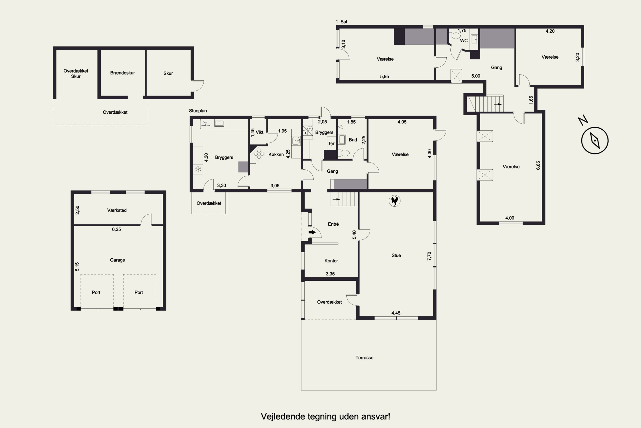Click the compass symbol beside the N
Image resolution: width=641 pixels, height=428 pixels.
coord(595,140)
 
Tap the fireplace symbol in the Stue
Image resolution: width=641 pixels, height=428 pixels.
coord(394,201)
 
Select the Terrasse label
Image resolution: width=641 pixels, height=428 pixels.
coord(364,358)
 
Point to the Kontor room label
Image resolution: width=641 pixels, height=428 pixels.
coord(331,261)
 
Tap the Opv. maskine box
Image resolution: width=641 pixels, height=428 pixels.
coord(205,124)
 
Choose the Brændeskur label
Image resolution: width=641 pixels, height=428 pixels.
coord(122,73)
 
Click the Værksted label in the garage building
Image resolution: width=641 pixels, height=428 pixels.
coord(117,210)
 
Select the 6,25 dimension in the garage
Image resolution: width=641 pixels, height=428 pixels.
coord(116,229)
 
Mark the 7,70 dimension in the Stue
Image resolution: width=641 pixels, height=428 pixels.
coord(429,256)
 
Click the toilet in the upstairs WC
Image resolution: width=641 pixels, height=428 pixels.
coord(455,36)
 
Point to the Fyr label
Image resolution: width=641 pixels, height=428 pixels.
coord(332,143)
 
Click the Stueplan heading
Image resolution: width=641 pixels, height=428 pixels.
coord(198,111)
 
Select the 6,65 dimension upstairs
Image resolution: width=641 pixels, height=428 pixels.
coord(538,165)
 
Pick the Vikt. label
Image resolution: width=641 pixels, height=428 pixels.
coord(260,132)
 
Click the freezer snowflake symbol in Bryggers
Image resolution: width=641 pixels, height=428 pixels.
coord(198,169)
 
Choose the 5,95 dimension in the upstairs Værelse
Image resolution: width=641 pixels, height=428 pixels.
coord(384,76)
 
